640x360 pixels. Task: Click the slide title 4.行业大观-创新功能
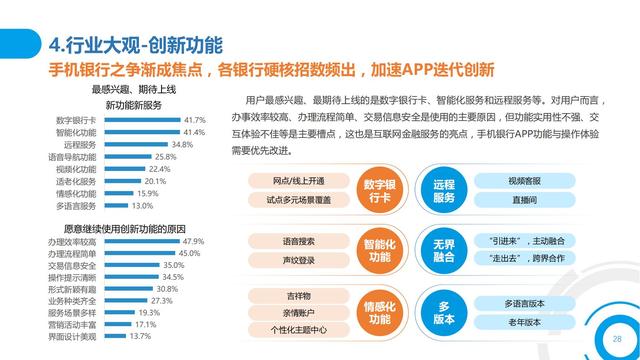click(135, 45)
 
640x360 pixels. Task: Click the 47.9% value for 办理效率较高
click(192, 241)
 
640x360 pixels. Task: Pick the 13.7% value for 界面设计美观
click(140, 336)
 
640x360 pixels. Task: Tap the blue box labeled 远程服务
click(444, 190)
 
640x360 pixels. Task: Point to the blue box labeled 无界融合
click(444, 250)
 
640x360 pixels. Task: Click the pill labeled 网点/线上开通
click(298, 181)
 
